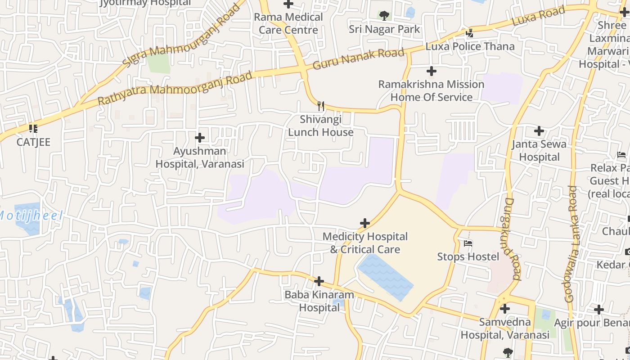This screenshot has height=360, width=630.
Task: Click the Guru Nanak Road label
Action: pyautogui.click(x=359, y=59)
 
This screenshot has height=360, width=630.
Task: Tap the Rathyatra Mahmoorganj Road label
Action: pyautogui.click(x=175, y=88)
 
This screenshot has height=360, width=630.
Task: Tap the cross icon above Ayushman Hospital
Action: pyautogui.click(x=200, y=138)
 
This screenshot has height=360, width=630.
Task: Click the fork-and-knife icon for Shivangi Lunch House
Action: pyautogui.click(x=321, y=106)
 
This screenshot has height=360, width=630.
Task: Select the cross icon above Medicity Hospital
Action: pyautogui.click(x=365, y=223)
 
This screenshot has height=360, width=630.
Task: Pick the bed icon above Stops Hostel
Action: pyautogui.click(x=468, y=243)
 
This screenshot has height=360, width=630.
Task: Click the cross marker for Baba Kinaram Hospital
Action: pyautogui.click(x=319, y=282)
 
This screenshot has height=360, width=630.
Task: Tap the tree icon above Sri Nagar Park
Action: pyautogui.click(x=384, y=16)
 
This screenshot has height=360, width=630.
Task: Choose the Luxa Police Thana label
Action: pyautogui.click(x=470, y=46)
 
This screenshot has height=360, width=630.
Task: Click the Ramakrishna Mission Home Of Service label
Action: pyautogui.click(x=431, y=90)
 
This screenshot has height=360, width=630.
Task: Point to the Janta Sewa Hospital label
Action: pyautogui.click(x=539, y=150)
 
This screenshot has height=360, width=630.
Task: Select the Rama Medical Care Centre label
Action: pyautogui.click(x=288, y=23)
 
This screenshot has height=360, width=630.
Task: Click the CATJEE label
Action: pyautogui.click(x=33, y=142)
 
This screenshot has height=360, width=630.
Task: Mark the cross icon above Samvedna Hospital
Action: pyautogui.click(x=505, y=309)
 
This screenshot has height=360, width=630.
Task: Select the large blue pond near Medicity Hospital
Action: pyautogui.click(x=386, y=277)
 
